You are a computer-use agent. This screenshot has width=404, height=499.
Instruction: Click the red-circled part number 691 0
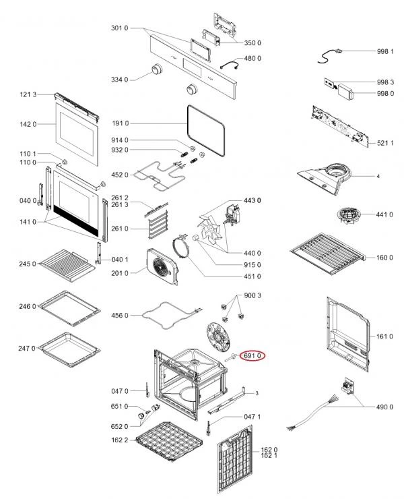[x=255, y=355]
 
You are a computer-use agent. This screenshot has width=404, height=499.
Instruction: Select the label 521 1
[x=384, y=143]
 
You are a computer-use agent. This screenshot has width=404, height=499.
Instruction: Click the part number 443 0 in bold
[x=252, y=201]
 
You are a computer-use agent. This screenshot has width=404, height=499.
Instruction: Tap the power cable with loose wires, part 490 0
[x=316, y=411]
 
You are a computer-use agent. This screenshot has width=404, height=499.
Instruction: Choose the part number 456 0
[x=119, y=315]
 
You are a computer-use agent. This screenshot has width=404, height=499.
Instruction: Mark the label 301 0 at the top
[x=119, y=28]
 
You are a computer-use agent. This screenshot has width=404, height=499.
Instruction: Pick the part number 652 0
[x=119, y=426]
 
